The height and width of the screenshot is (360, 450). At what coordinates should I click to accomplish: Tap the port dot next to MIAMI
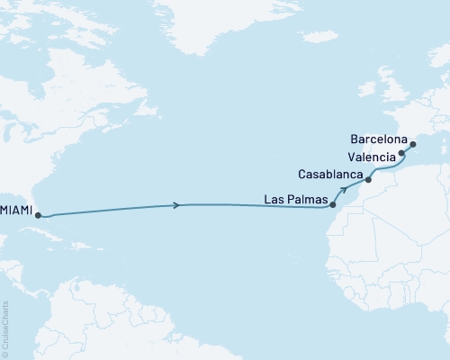point(37,215)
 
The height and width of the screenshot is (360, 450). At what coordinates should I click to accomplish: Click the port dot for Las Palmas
point(333,205)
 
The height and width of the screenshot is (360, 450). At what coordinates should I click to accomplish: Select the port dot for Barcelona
point(412,144)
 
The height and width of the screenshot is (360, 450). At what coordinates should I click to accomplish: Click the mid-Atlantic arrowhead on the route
point(176,205)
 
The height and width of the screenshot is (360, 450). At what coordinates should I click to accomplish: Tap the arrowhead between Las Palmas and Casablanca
point(345,190)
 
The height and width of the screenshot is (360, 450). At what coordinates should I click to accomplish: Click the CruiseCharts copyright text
point(5,328)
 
